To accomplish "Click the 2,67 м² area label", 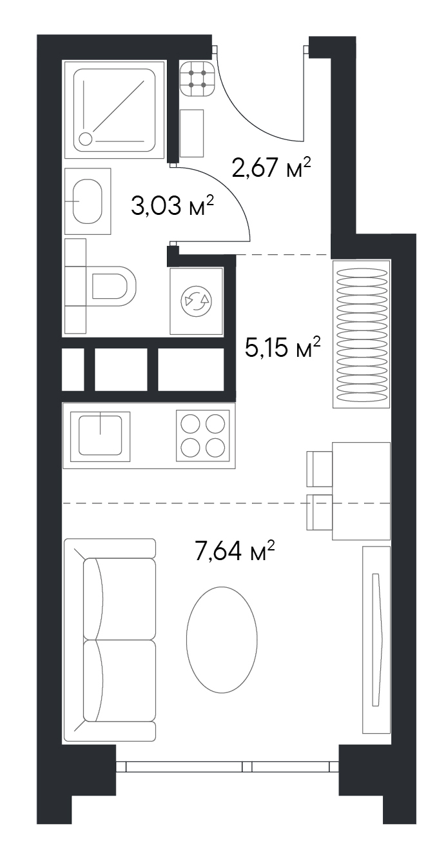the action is pyautogui.click(x=271, y=167).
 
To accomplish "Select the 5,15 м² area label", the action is pyautogui.click(x=283, y=347).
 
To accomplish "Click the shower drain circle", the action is pyautogui.click(x=86, y=139).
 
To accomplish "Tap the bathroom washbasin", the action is pyautogui.click(x=88, y=201).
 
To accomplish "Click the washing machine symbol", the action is pyautogui.click(x=196, y=301).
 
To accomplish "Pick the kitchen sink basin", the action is pyautogui.click(x=101, y=436).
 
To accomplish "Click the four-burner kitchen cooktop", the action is pyautogui.click(x=203, y=436).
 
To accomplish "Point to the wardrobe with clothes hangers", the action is pyautogui.click(x=361, y=334).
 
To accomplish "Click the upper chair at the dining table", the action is pyautogui.click(x=320, y=468).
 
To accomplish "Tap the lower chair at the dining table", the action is pyautogui.click(x=320, y=512).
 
